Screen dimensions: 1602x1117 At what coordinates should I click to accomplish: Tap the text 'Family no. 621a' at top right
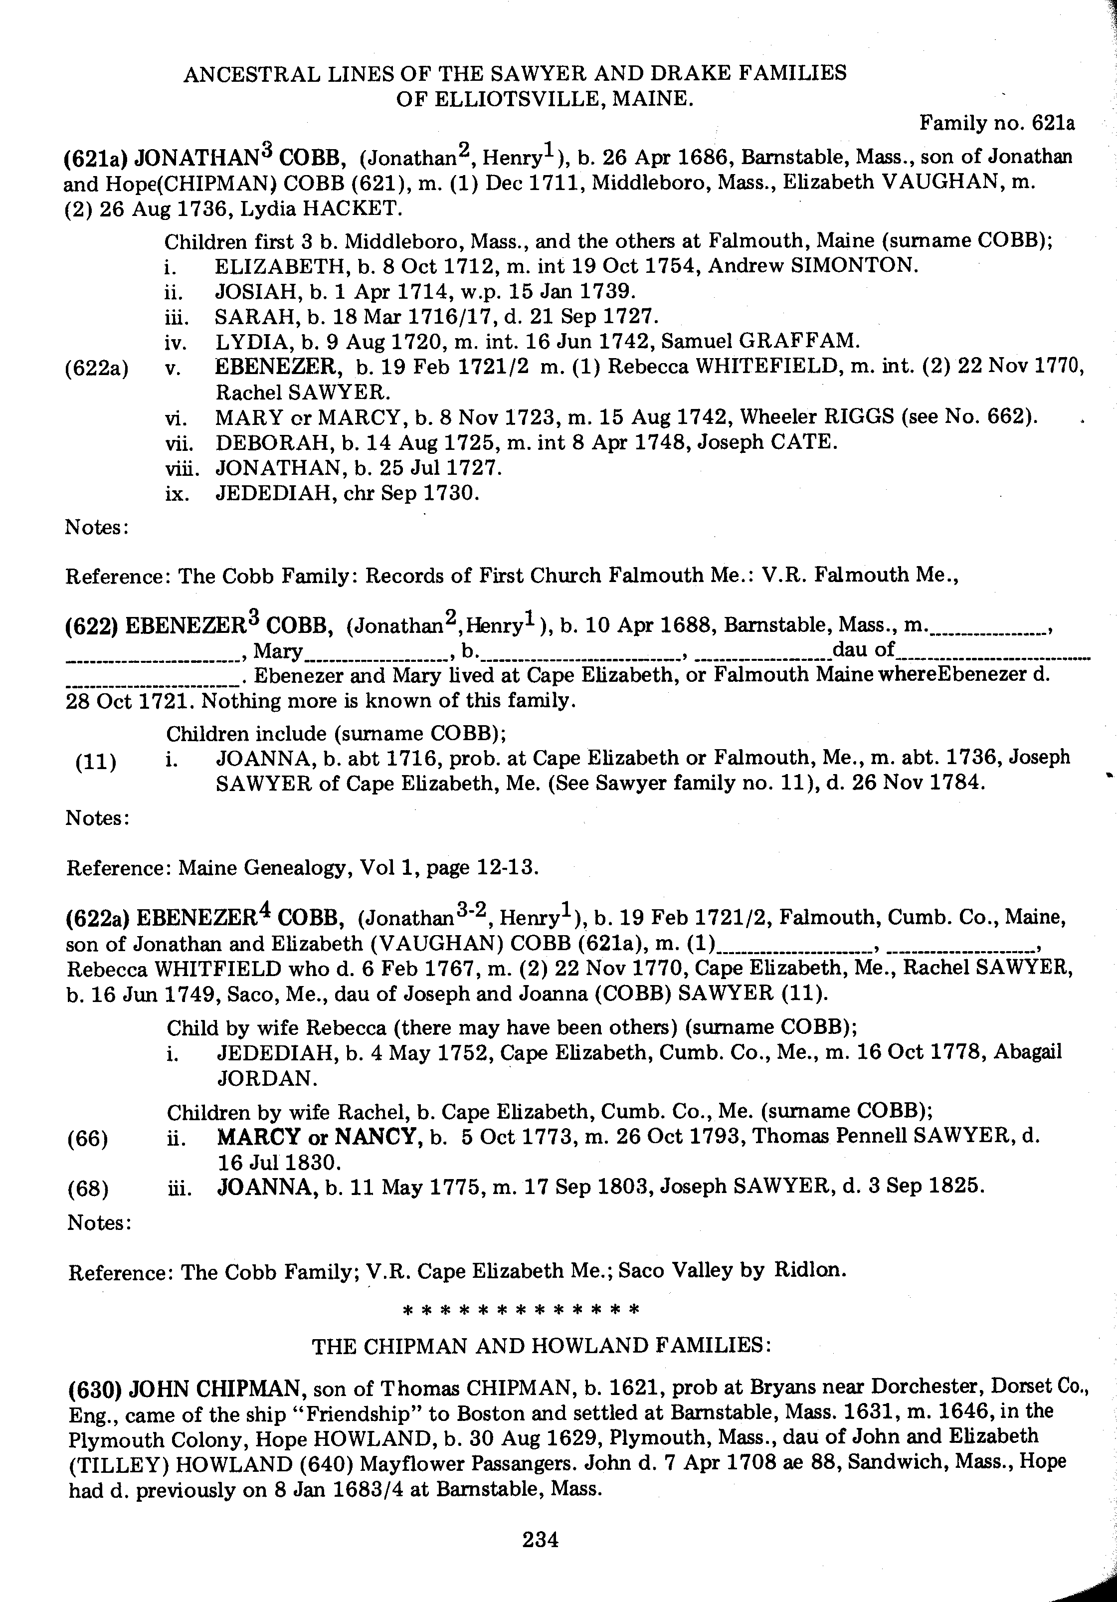point(996,124)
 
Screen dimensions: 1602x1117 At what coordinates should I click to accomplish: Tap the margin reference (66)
point(88,1139)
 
